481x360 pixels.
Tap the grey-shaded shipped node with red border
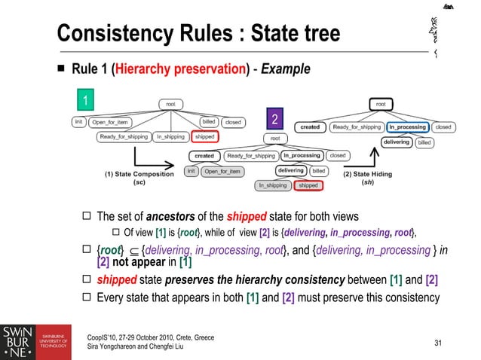pos(308,185)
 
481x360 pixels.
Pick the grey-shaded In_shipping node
pos(273,185)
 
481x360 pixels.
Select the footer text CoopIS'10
pos(105,337)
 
